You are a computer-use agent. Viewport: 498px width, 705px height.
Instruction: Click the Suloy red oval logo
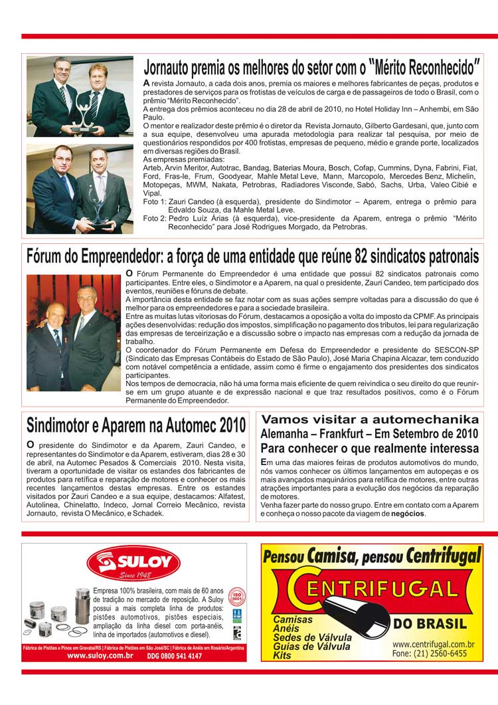133,563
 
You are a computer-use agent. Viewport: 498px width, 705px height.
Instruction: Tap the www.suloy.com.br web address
100,656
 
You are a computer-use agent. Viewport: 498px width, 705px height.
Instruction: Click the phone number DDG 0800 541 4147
175,656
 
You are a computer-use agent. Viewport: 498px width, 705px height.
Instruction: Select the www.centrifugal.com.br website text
433,644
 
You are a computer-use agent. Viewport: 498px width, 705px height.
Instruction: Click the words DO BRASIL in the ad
430,623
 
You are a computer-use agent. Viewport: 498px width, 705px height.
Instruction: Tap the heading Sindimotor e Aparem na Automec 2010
136,425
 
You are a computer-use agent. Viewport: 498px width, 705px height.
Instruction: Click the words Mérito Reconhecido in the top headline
425,67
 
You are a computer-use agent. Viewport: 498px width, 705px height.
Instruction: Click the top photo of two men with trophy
80,96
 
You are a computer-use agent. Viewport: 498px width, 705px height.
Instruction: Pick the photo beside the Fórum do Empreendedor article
72,332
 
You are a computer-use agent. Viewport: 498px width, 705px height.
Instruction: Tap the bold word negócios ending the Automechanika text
407,514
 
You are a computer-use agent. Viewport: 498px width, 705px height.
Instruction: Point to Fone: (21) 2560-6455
429,653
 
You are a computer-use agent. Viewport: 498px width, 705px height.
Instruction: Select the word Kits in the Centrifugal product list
282,655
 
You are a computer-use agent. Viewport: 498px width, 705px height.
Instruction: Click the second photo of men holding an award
80,189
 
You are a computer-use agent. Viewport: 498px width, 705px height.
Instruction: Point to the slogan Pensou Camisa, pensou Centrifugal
372,555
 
